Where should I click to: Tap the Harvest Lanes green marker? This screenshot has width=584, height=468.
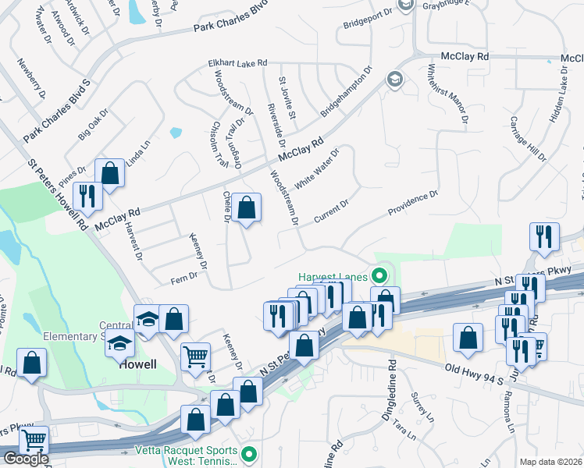coord(380,275)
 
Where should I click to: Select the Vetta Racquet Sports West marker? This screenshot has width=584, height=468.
coord(249,453)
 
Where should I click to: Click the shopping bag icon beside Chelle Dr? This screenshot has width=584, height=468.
coord(246,207)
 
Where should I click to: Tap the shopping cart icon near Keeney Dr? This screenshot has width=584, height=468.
coord(195,356)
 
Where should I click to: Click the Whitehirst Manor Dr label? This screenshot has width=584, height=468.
coord(448,94)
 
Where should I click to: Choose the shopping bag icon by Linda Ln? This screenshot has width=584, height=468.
coord(110,173)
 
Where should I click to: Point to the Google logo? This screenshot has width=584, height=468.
coord(26,458)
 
